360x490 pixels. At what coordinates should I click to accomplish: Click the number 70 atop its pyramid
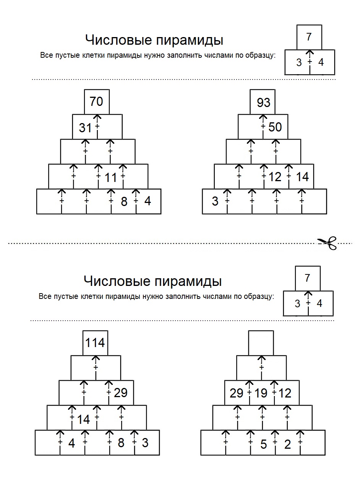point(96,101)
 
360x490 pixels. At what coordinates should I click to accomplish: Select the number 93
point(264,102)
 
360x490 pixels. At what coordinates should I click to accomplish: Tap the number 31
point(85,128)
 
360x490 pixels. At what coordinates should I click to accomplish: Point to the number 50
point(275,127)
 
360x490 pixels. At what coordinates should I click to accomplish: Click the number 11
point(111,177)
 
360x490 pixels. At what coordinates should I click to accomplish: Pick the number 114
point(95,342)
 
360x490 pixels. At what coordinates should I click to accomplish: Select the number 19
point(261,393)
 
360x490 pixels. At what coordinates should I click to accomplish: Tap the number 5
point(264,444)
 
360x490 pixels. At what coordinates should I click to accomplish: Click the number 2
point(287,444)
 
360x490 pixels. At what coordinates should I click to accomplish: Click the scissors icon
point(328,243)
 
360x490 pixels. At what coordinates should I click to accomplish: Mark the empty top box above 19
point(261,343)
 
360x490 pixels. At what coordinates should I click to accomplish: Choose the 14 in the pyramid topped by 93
point(302,177)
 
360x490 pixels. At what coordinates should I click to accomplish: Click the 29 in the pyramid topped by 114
point(120,393)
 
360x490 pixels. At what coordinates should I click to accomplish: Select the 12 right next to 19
point(285,393)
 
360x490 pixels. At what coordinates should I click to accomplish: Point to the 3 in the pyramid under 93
point(215,201)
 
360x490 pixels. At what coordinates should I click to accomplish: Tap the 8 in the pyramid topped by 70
point(124,201)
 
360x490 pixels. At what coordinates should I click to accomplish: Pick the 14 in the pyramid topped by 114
point(83,419)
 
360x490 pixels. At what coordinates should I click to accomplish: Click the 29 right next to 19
point(236,393)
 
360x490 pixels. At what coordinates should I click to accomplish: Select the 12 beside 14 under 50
point(275,177)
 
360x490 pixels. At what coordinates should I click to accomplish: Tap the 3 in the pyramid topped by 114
point(145,443)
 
